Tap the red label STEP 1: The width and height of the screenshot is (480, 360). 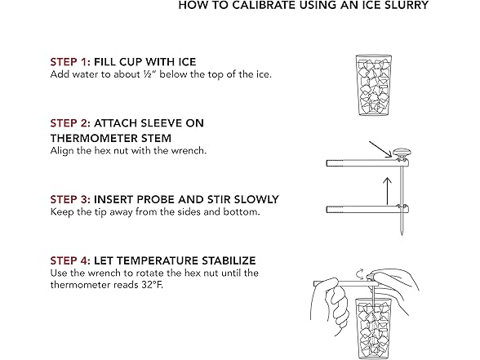click(70, 62)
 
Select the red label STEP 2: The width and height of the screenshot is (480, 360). click(70, 123)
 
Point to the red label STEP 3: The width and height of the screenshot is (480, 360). click(70, 199)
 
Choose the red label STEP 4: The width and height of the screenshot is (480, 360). click(70, 260)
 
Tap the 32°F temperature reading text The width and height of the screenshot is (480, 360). click(152, 285)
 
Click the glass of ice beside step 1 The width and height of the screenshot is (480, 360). click(374, 85)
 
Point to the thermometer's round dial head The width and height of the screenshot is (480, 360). click(402, 152)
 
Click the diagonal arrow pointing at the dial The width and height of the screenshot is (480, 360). click(380, 149)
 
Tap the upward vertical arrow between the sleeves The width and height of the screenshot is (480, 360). click(388, 191)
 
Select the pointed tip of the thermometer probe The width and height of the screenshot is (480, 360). click(402, 235)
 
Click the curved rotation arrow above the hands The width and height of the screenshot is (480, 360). click(361, 273)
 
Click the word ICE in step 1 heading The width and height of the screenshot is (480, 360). click(187, 62)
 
